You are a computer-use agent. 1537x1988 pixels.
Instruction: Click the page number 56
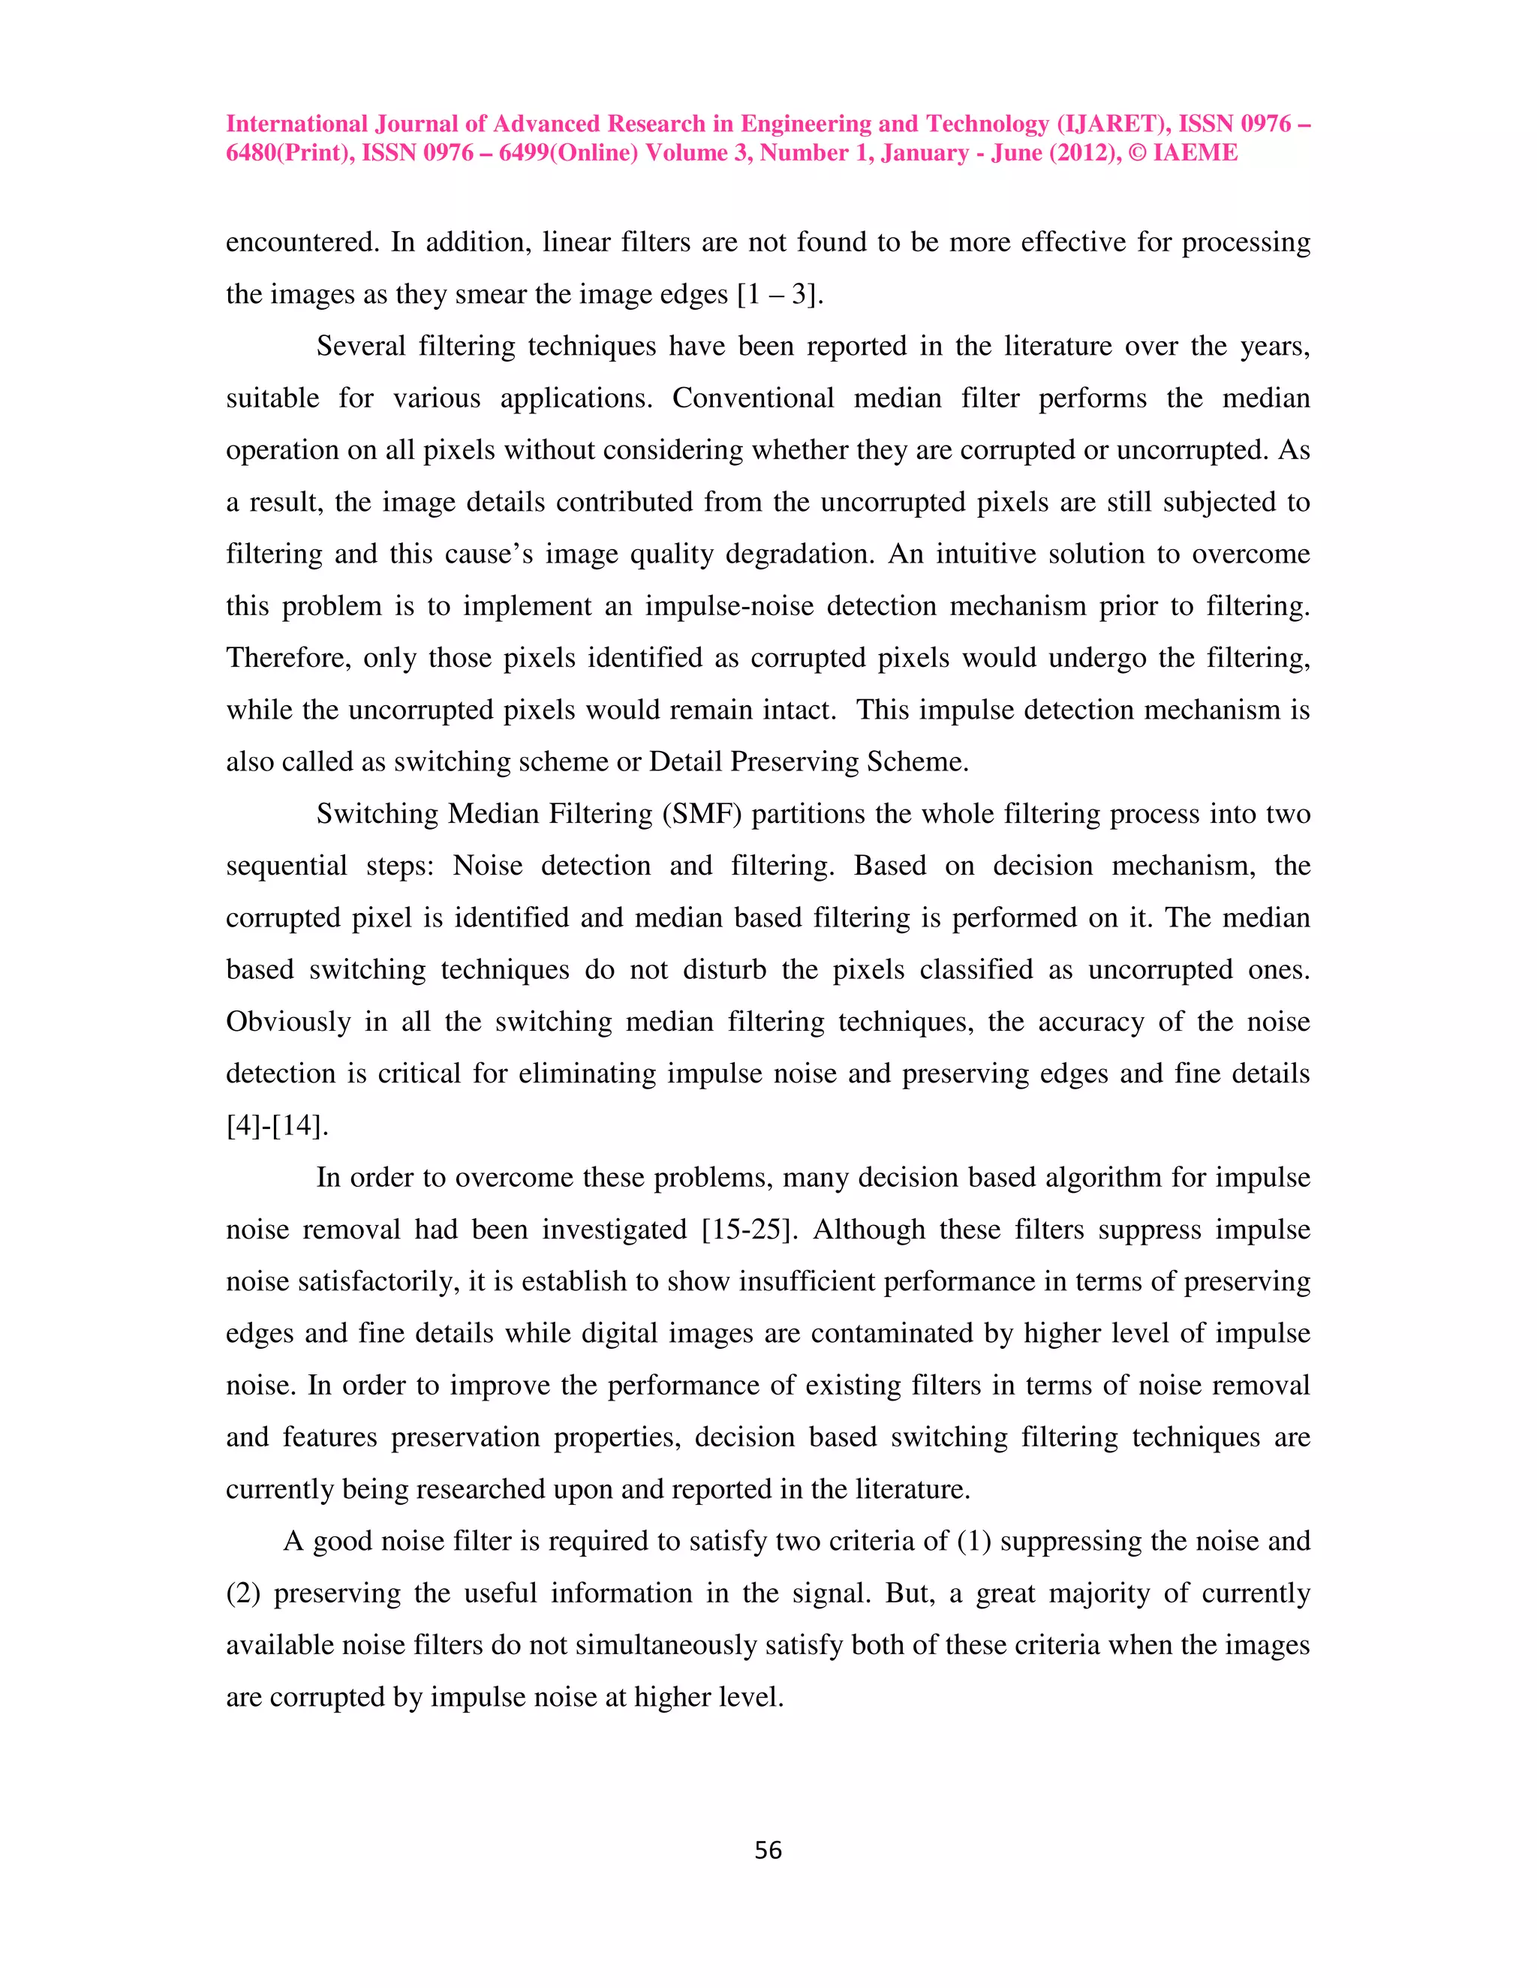[x=768, y=1851]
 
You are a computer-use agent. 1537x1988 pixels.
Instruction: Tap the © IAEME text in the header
[x=1183, y=153]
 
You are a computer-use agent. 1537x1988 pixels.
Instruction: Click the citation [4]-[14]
[x=277, y=1127]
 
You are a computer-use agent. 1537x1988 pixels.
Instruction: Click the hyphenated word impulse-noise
[x=729, y=606]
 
